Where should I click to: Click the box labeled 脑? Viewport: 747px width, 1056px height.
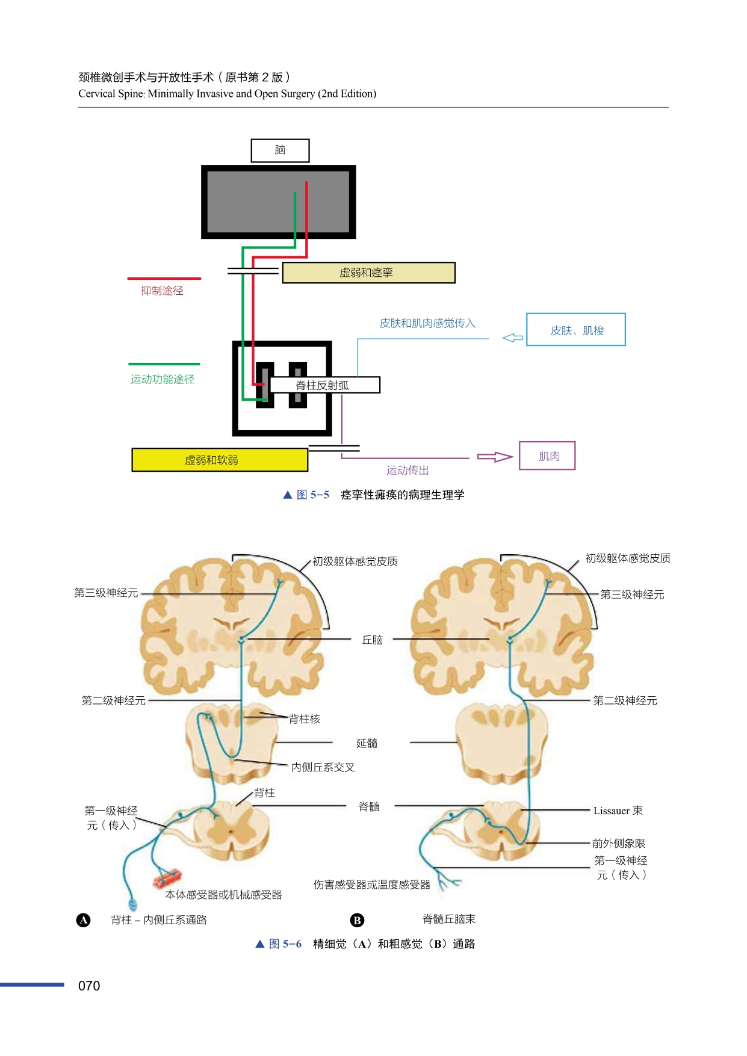pyautogui.click(x=280, y=150)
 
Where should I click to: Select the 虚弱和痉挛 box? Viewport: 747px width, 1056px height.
pyautogui.click(x=368, y=273)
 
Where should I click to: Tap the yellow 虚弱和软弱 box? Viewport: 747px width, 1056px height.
pyautogui.click(x=220, y=460)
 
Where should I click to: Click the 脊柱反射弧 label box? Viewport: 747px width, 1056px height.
pyautogui.click(x=324, y=385)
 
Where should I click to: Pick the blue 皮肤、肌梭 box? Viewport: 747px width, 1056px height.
pyautogui.click(x=576, y=330)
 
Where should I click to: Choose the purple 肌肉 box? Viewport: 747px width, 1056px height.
pyautogui.click(x=547, y=456)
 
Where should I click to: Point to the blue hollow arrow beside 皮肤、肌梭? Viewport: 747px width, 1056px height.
pyautogui.click(x=512, y=338)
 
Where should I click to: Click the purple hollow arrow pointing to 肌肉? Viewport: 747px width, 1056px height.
pyautogui.click(x=495, y=457)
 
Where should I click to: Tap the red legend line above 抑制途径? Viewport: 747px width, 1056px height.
pyautogui.click(x=164, y=279)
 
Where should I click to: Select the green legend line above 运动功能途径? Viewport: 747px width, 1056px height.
pyautogui.click(x=164, y=364)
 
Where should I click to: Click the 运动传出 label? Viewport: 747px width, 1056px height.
pyautogui.click(x=408, y=471)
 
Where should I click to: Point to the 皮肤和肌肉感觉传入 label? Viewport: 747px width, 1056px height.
pyautogui.click(x=427, y=324)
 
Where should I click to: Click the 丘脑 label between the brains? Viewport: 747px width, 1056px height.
pyautogui.click(x=373, y=640)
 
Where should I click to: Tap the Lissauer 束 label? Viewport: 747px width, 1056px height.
pyautogui.click(x=618, y=811)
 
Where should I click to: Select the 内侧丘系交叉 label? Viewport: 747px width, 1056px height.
pyautogui.click(x=323, y=768)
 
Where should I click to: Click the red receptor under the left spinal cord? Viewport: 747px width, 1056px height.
pyautogui.click(x=168, y=878)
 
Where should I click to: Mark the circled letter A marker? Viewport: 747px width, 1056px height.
pyautogui.click(x=84, y=920)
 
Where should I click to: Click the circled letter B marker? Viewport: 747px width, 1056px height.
pyautogui.click(x=357, y=920)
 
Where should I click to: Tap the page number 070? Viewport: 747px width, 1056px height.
pyautogui.click(x=89, y=986)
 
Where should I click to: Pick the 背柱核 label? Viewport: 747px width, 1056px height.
pyautogui.click(x=305, y=719)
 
